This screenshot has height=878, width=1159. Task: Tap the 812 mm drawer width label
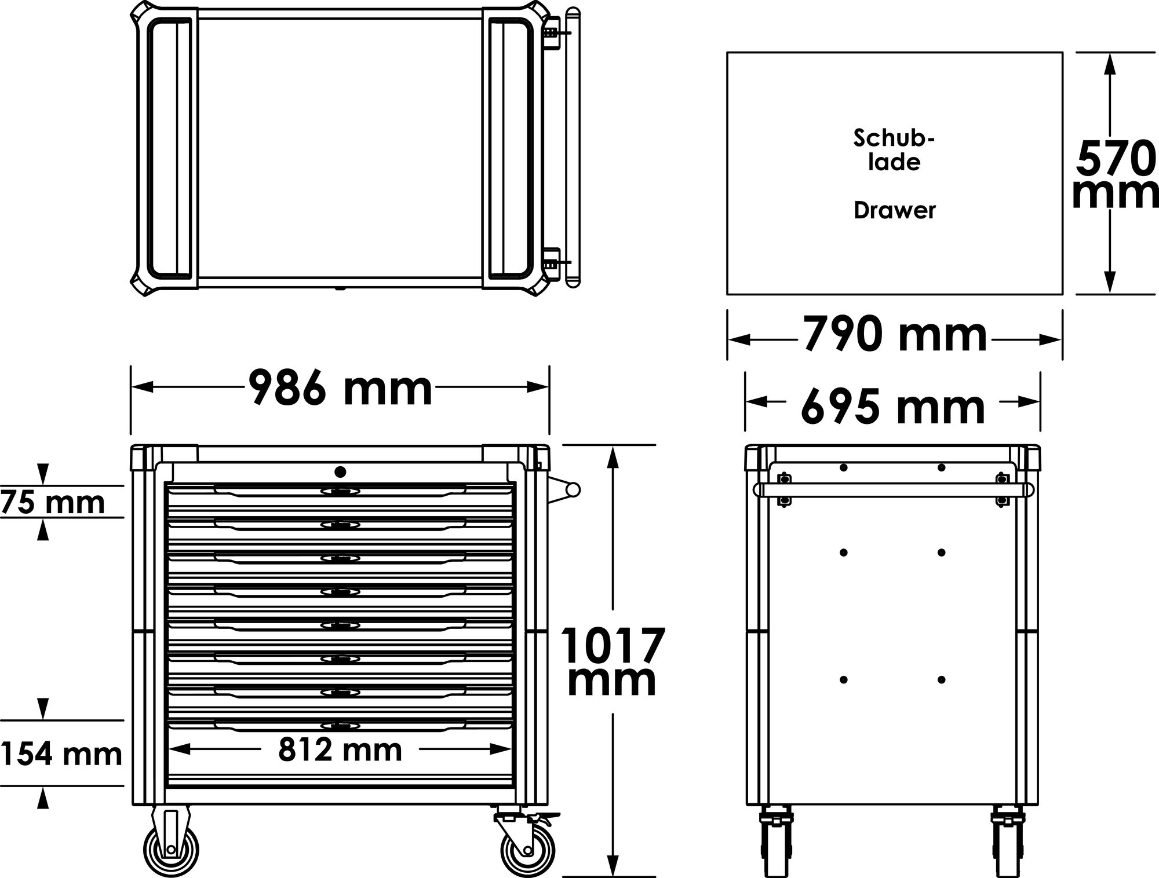(340, 750)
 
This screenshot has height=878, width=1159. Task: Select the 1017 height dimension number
(613, 646)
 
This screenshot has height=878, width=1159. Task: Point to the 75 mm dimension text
(53, 502)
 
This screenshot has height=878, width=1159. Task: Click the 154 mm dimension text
(61, 754)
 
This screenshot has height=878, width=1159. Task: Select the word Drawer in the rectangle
(894, 210)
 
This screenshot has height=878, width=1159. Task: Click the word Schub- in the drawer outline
(894, 139)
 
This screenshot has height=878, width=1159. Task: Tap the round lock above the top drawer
(340, 472)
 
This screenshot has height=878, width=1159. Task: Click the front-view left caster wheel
(170, 848)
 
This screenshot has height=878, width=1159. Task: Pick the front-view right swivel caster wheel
(526, 850)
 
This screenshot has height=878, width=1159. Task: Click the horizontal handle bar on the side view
(892, 490)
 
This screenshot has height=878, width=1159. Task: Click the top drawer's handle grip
(340, 492)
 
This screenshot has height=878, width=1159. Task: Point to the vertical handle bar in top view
(573, 148)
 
